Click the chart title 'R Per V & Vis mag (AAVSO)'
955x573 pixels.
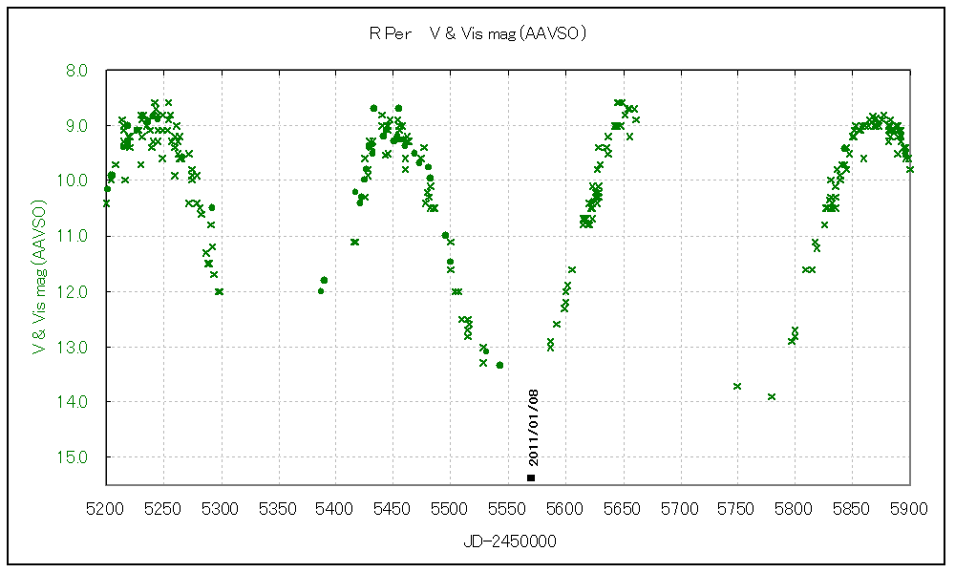pyautogui.click(x=477, y=33)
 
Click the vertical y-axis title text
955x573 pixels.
pyautogui.click(x=39, y=277)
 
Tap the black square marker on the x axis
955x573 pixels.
pyautogui.click(x=531, y=477)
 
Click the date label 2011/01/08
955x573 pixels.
pyautogui.click(x=533, y=426)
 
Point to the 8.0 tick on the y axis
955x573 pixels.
pyautogui.click(x=77, y=71)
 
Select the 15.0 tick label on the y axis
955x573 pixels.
pyautogui.click(x=77, y=457)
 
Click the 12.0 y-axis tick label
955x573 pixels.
pyautogui.click(x=77, y=291)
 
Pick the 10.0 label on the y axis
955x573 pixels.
pyautogui.click(x=77, y=180)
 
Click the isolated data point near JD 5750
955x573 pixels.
pyautogui.click(x=737, y=386)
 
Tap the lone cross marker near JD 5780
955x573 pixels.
pyautogui.click(x=772, y=396)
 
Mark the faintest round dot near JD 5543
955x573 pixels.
pyautogui.click(x=499, y=365)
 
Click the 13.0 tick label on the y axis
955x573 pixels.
pyautogui.click(x=77, y=347)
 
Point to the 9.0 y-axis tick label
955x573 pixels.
pyautogui.click(x=77, y=126)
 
